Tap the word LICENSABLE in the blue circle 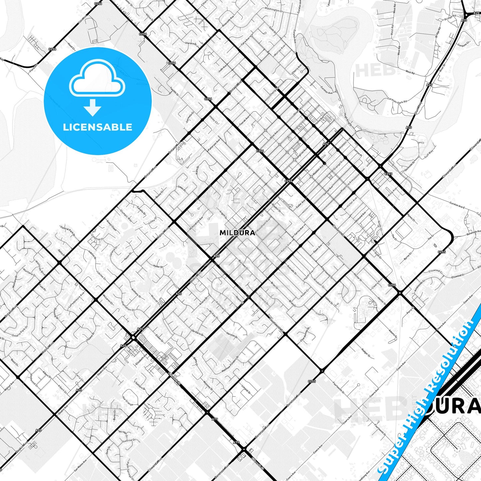[98, 127]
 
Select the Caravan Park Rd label [397, 100]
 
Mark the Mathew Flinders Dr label [230, 365]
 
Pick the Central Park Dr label [68, 230]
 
